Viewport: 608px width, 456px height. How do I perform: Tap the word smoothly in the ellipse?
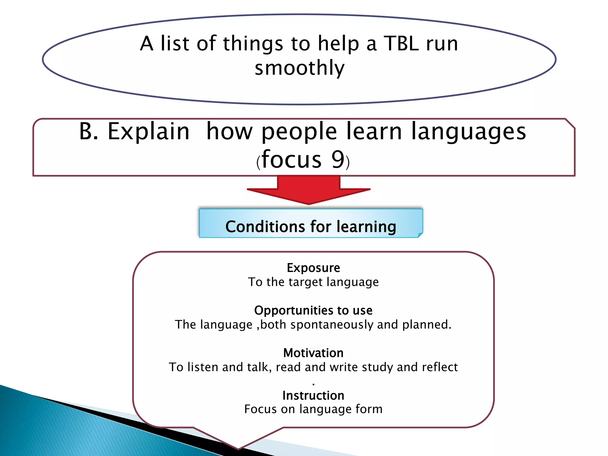pos(300,68)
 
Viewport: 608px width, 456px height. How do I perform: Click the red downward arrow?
pos(308,190)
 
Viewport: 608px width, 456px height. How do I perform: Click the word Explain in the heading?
pos(148,132)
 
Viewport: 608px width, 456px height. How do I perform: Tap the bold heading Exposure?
pos(313,268)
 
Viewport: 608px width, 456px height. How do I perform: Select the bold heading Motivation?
pos(313,353)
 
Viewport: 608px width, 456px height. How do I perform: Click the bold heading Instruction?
pos(313,395)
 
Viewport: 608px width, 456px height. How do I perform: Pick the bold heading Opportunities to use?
pos(313,311)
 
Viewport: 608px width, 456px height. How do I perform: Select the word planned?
pos(426,325)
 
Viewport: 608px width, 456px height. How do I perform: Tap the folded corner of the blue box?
pos(420,235)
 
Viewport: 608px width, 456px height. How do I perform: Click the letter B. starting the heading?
pos(88,132)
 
